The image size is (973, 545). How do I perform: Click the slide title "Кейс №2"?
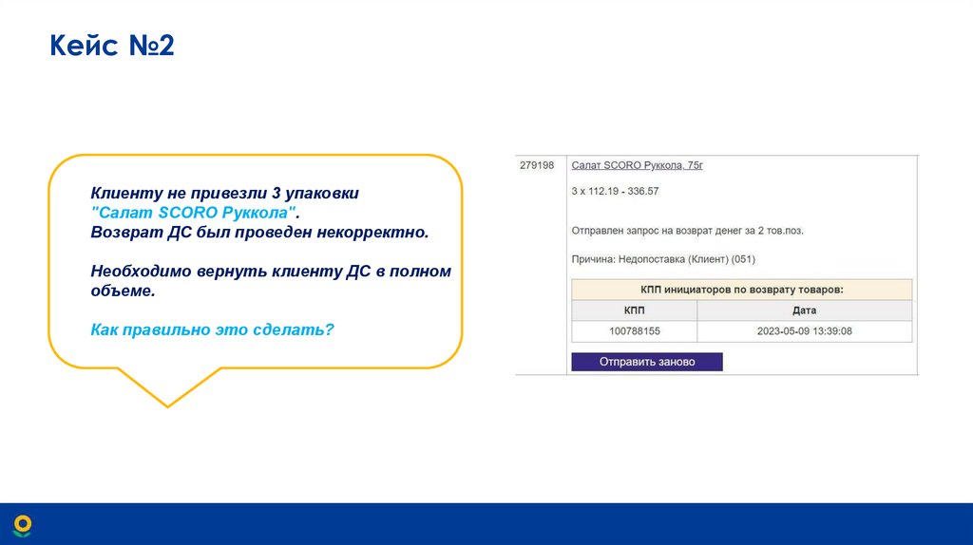coord(112,46)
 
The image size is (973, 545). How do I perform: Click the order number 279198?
coord(537,165)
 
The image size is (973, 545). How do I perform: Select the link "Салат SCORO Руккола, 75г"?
coord(637,165)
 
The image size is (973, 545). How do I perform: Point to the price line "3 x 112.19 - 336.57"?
coord(615,191)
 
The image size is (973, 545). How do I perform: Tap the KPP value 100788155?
coord(634,331)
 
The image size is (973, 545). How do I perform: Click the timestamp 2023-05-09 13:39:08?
coord(804,331)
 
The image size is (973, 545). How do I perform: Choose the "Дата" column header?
coord(804,310)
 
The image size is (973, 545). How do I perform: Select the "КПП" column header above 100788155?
coord(634,310)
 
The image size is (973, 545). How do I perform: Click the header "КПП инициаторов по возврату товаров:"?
coord(741,290)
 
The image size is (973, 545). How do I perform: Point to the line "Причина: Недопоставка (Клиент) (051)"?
coord(663,258)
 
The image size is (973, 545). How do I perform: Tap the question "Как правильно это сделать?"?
coord(213,329)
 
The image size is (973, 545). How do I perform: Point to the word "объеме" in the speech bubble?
coord(122,291)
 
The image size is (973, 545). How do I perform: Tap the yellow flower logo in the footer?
coord(22,525)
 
